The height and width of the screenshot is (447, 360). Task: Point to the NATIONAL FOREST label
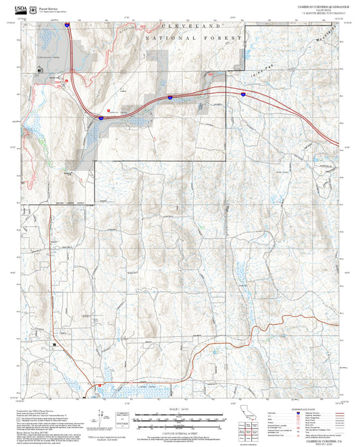[193, 38]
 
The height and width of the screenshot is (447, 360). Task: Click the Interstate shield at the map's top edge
[68, 23]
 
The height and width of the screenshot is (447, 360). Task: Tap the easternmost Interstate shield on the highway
[242, 95]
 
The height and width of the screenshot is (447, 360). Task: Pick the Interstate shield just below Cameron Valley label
[99, 117]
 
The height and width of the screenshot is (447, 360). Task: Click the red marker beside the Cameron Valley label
[108, 111]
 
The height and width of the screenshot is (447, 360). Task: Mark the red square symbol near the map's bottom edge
[99, 386]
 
